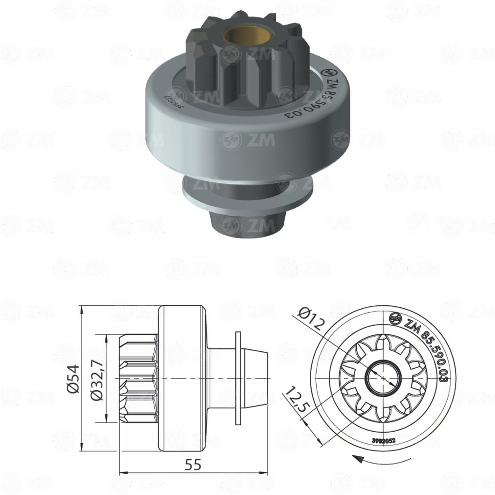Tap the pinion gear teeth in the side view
(x=139, y=377)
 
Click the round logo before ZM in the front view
(x=396, y=318)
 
